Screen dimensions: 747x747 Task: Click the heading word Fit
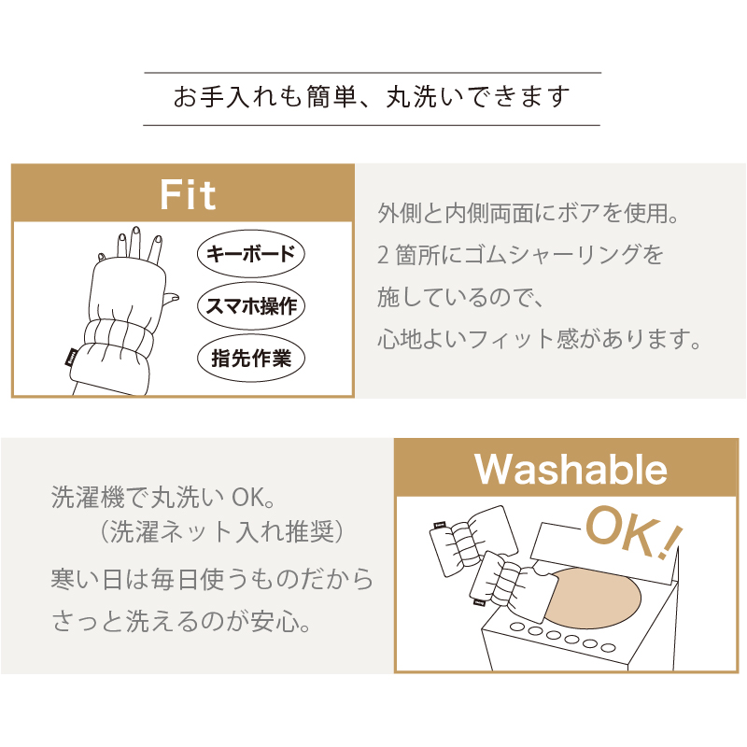pos(189,194)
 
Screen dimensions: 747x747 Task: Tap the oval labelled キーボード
pos(251,253)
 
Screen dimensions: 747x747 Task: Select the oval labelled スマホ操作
pos(252,304)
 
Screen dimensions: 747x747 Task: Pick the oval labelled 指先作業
pos(252,357)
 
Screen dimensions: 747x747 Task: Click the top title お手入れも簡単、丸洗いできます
pos(372,97)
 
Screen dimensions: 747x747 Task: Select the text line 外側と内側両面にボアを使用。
pos(527,214)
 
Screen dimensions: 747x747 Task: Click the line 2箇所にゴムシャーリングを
pos(520,255)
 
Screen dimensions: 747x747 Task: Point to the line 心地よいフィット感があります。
pos(540,338)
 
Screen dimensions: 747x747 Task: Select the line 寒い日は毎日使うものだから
pos(212,580)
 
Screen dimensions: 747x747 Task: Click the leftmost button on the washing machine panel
pos(516,630)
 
